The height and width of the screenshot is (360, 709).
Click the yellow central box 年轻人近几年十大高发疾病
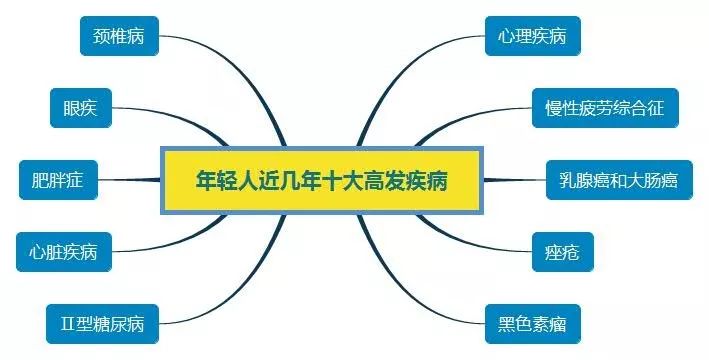point(321,182)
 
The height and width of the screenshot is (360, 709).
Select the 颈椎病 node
point(119,36)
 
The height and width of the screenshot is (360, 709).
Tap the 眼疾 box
point(80,108)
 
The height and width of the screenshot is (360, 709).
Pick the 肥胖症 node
point(57,180)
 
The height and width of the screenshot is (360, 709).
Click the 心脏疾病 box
point(63,251)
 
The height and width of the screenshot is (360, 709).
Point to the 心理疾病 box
point(531,36)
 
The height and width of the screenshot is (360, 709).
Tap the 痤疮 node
point(564,251)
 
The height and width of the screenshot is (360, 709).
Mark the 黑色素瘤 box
point(532,324)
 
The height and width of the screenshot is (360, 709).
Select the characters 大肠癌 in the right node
point(656,180)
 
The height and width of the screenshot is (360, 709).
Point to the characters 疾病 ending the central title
point(426,182)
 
